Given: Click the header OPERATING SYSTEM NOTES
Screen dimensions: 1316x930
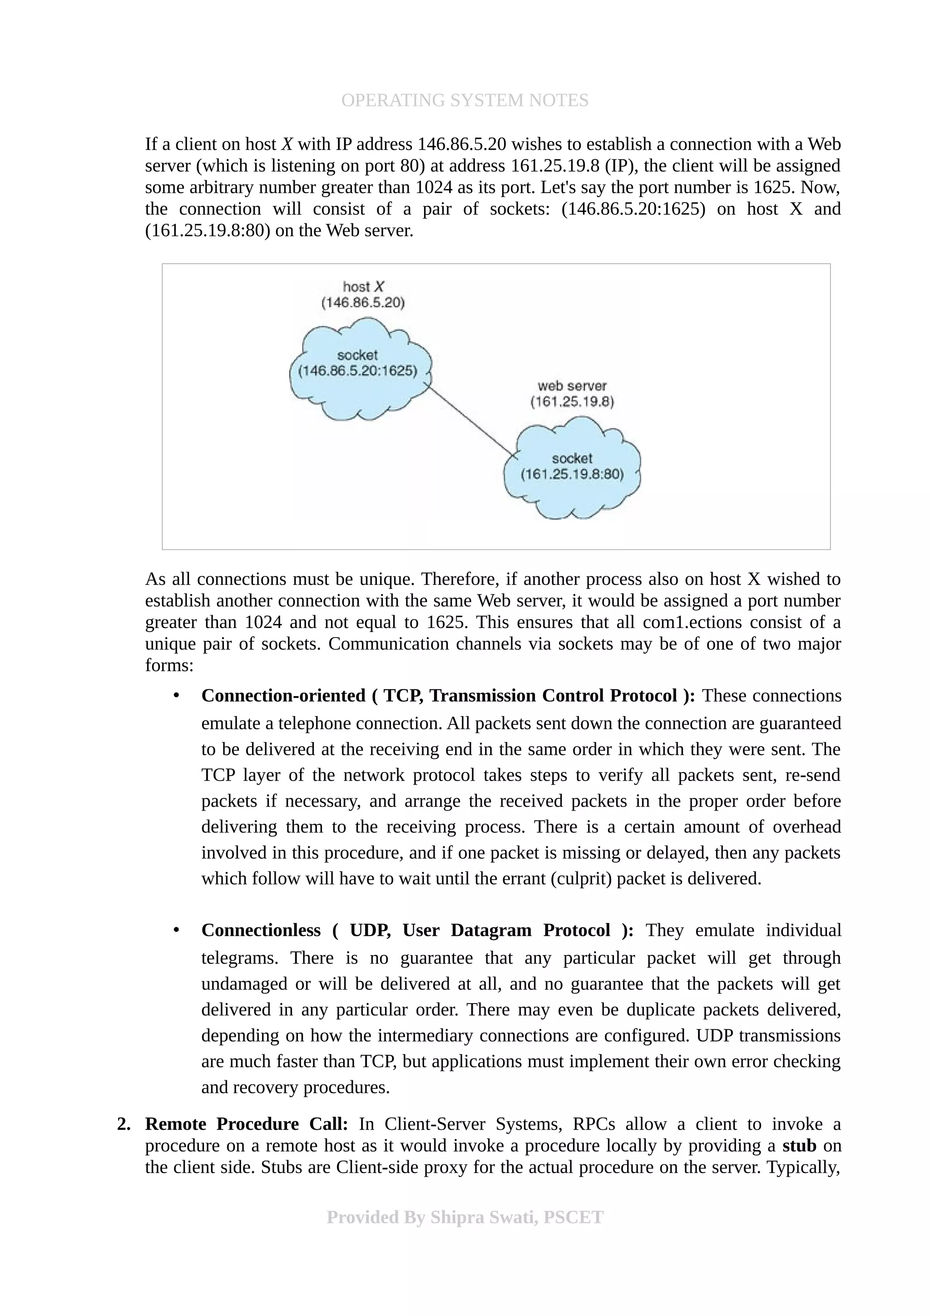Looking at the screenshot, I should point(464,100).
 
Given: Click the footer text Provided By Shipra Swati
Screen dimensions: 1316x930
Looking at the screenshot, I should point(464,1217).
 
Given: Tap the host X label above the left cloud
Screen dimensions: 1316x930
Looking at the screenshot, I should point(363,287).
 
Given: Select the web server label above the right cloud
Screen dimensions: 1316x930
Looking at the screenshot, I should point(571,386).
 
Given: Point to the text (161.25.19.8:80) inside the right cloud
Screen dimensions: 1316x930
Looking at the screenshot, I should point(571,475).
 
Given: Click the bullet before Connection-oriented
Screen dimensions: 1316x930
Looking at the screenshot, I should point(177,695).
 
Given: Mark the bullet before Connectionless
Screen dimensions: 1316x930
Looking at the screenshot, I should point(177,930).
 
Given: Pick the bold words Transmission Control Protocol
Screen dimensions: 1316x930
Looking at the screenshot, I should point(554,695).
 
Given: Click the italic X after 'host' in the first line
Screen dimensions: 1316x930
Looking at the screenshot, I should point(287,144).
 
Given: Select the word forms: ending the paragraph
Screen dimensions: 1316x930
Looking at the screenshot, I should point(169,665).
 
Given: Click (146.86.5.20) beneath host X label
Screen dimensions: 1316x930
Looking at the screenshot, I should point(363,302).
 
